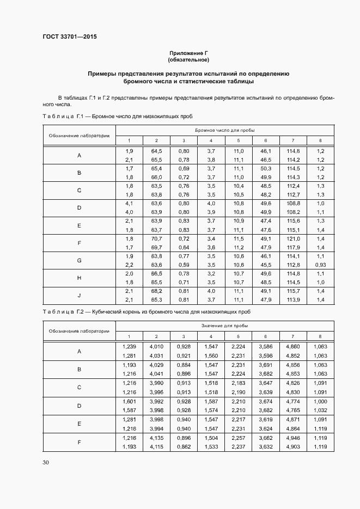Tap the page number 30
pos(45,463)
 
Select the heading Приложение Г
pos(188,53)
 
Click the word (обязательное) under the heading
pos(188,59)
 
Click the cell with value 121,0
pos(294,238)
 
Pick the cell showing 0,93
pos(320,265)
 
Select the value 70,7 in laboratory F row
pos(156,238)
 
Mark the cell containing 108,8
pos(294,203)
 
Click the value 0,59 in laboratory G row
pos(184,265)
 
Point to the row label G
pos(79,261)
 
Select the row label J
pos(79,296)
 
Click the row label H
pos(79,278)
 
